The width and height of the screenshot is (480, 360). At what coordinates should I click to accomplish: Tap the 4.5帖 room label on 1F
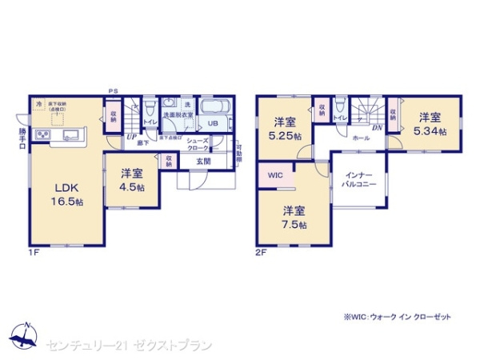tap(133, 179)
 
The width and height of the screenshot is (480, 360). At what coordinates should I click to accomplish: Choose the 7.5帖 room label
tap(292, 218)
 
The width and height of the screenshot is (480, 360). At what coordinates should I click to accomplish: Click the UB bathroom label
tap(214, 124)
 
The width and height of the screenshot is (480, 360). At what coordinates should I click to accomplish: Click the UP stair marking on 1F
tap(130, 137)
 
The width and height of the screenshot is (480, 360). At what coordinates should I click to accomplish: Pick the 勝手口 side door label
tap(22, 141)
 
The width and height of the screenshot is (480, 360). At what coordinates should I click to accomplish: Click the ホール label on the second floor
tap(362, 138)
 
